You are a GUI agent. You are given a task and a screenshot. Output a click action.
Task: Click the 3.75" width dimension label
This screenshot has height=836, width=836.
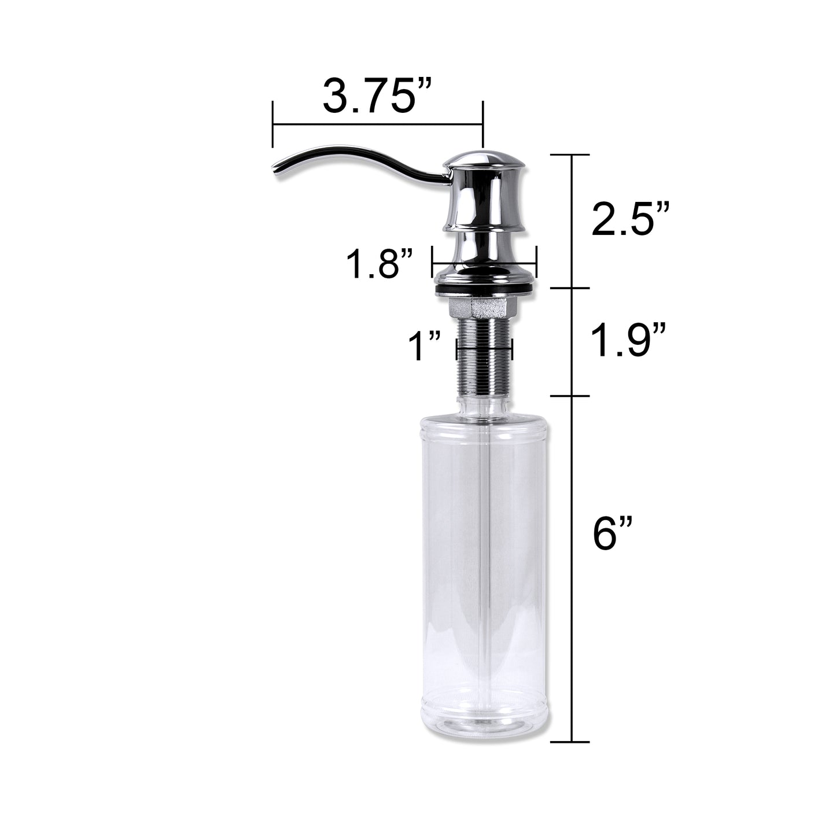pos(377,96)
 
